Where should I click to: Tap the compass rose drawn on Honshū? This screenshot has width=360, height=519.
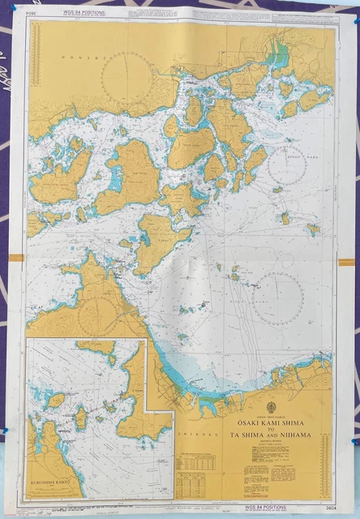tap(126, 77)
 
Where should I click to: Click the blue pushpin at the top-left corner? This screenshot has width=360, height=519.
tap(12, 8)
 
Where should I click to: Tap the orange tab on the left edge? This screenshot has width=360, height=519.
tap(16, 257)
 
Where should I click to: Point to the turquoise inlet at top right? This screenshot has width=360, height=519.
tap(280, 57)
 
